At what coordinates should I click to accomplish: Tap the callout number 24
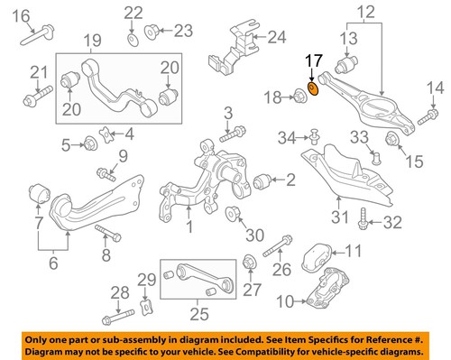click(x=275, y=38)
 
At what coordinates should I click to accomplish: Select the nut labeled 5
click(x=90, y=143)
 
